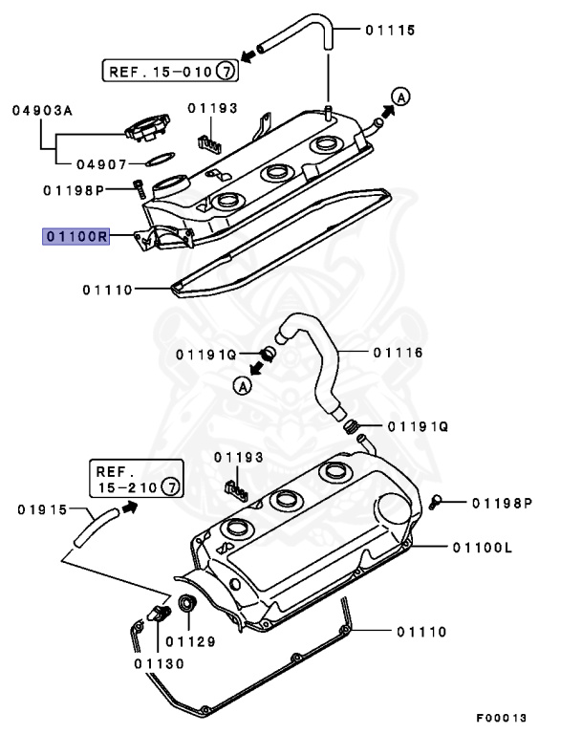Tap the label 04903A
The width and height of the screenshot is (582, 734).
42,110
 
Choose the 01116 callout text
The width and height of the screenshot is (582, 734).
396,353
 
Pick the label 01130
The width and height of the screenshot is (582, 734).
152,661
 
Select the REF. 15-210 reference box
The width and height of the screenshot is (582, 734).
134,480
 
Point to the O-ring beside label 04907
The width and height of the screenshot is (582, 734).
162,157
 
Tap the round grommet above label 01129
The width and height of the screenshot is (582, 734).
185,604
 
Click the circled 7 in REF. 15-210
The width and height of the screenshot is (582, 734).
169,487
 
